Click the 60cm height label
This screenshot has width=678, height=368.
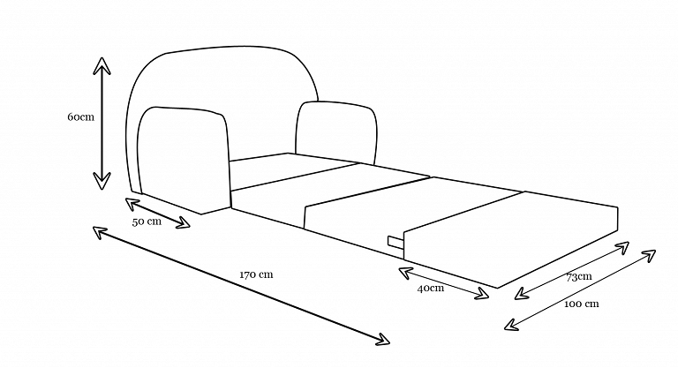pos(80,117)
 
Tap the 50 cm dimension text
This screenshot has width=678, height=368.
pos(147,222)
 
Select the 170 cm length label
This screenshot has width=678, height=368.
pos(256,274)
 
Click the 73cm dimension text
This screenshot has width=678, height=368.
pos(578,277)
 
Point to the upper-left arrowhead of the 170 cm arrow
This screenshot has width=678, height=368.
pos(98,230)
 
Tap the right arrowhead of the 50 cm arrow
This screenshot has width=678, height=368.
pos(185,224)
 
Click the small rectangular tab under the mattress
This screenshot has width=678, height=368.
pos(394,240)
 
